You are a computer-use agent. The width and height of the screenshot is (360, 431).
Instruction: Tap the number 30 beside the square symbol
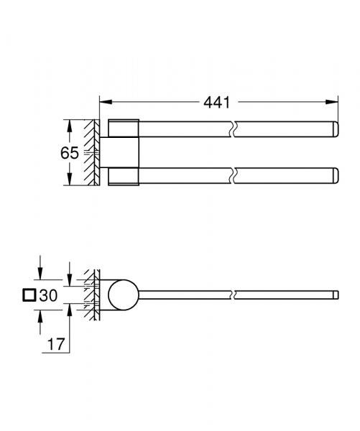[48, 295]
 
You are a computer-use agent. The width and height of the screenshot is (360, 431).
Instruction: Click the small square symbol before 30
[29, 295]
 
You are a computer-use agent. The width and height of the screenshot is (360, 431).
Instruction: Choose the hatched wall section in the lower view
[90, 295]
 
